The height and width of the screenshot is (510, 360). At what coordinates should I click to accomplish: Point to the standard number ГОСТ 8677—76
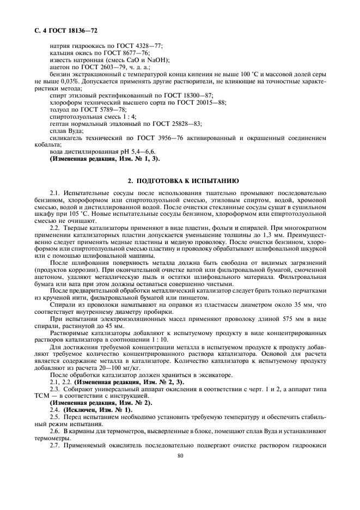(x=130, y=53)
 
